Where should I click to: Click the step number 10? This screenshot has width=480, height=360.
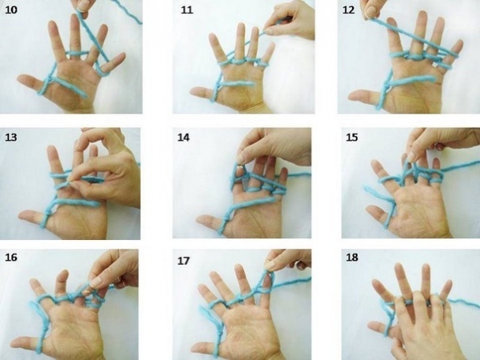pyautogui.click(x=11, y=10)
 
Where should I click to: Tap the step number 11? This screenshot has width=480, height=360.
pyautogui.click(x=186, y=10)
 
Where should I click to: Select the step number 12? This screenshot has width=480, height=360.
pyautogui.click(x=348, y=10)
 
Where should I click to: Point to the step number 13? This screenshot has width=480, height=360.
pyautogui.click(x=11, y=137)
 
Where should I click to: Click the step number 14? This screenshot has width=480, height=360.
pyautogui.click(x=183, y=137)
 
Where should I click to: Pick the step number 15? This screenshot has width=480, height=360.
pyautogui.click(x=352, y=137)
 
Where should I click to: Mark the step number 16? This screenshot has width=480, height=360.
pyautogui.click(x=11, y=257)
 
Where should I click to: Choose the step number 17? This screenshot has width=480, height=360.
pyautogui.click(x=183, y=261)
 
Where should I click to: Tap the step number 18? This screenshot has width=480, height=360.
pyautogui.click(x=352, y=257)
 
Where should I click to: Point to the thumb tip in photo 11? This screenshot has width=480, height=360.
pyautogui.click(x=193, y=90)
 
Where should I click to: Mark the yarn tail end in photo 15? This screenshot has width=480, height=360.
pyautogui.click(x=366, y=187)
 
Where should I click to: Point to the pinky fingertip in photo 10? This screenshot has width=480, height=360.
pyautogui.click(x=122, y=55)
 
